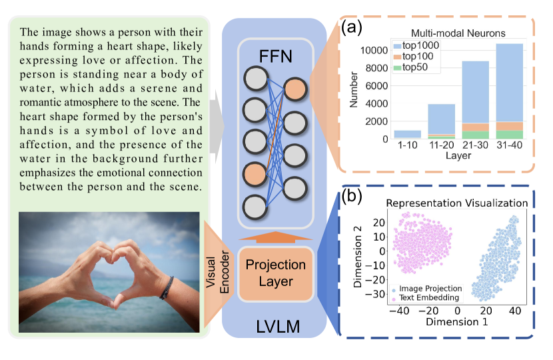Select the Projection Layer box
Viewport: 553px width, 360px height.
coord(276,273)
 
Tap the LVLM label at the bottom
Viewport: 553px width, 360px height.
coord(275,327)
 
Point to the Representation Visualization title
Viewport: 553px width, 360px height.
coord(457,203)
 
